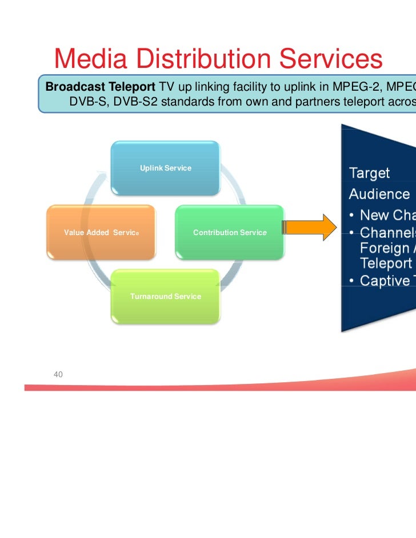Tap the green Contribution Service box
pyautogui.click(x=229, y=232)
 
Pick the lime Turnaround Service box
pyautogui.click(x=165, y=296)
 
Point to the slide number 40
pyautogui.click(x=58, y=374)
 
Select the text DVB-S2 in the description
pyautogui.click(x=137, y=102)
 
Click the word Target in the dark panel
pyautogui.click(x=369, y=173)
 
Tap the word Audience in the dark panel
pyautogui.click(x=379, y=194)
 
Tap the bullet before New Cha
pyautogui.click(x=353, y=216)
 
